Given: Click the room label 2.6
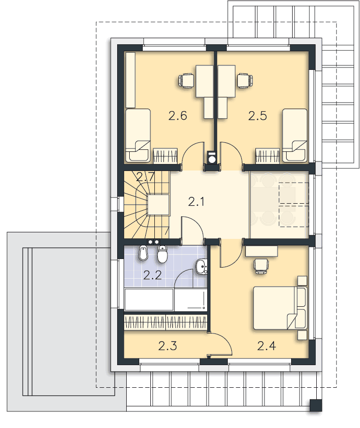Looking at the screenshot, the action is pos(177,116).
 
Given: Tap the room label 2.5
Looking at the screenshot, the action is pos(257,116).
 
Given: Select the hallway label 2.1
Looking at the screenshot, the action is pos(196,202).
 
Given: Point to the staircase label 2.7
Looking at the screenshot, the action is pos(145,177).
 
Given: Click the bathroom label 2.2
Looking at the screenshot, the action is pos(152,275).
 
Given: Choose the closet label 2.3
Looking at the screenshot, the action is pos(167,346).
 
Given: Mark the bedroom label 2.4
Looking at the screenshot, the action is pos(266,346).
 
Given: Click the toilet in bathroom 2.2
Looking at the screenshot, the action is pos(162,254).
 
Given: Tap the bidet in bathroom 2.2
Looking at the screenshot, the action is pos(143,253).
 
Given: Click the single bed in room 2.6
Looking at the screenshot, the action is pos(138,136).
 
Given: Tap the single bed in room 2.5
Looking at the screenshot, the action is pos(295,136).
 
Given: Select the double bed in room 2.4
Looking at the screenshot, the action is pos(280,308).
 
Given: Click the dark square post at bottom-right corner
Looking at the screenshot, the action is pos(316,405).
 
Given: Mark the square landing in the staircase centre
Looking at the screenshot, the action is pos(158,205).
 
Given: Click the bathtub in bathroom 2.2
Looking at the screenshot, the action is pos(165,300).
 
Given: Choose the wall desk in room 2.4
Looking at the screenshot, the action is pos(261,251).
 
